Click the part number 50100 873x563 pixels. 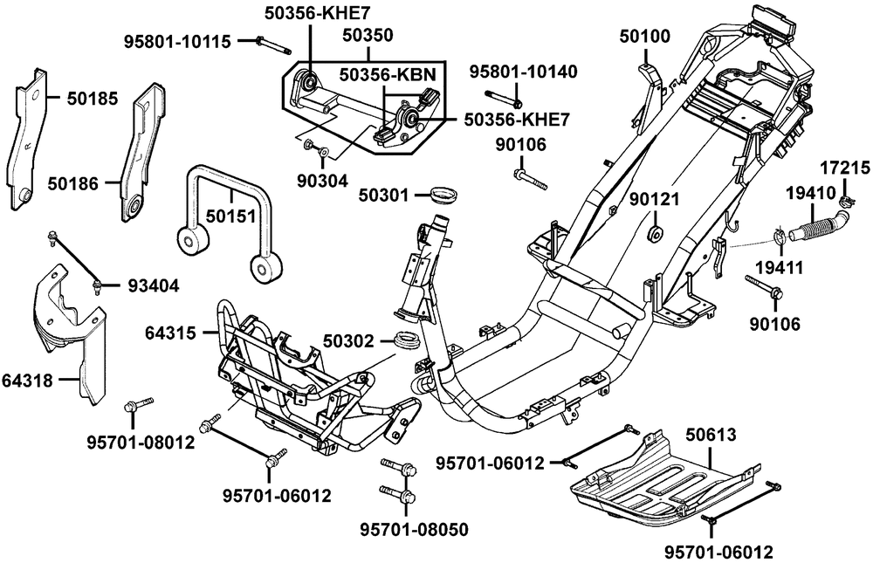(x=646, y=37)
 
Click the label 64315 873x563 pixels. (x=172, y=331)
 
